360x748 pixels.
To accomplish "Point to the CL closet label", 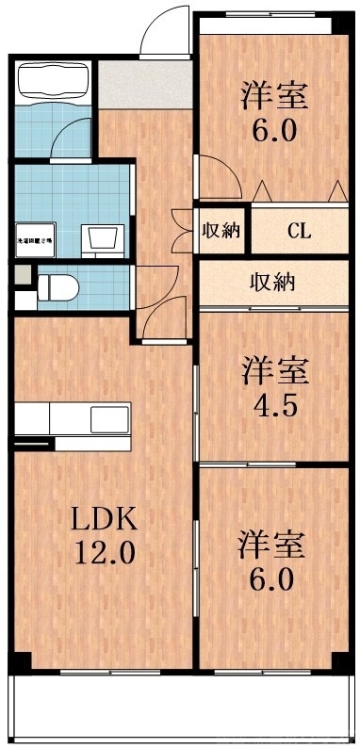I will (x=301, y=231).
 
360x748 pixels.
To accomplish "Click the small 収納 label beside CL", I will (x=222, y=231).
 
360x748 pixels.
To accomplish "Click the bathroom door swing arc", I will (x=71, y=138).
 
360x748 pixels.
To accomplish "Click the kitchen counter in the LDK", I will (x=74, y=417).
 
